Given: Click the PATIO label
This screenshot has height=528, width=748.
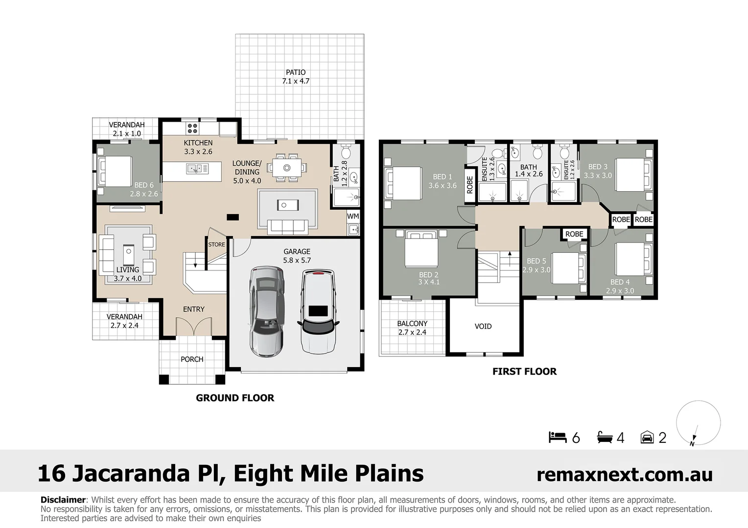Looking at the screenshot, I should [296, 72].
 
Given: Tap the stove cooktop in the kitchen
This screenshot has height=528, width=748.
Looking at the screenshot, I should [192, 129].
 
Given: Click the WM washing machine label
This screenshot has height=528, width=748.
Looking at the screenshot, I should [352, 216].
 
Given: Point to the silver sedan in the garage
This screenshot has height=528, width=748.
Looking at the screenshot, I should [266, 310].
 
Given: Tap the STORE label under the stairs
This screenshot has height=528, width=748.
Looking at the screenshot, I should [216, 244].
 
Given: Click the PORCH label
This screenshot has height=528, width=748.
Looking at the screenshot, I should [192, 359].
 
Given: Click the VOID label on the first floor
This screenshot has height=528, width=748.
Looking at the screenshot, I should [483, 326].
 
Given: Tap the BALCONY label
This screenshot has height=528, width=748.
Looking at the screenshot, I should [412, 324].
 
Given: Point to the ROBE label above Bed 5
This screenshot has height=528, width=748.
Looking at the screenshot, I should [574, 234].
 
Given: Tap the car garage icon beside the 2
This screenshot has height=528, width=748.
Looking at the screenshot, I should [647, 437].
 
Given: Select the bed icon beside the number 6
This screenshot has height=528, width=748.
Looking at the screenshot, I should [557, 437].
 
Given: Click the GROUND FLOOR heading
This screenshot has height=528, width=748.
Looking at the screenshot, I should [235, 398].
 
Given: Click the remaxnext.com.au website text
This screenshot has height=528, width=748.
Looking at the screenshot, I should [624, 474].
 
